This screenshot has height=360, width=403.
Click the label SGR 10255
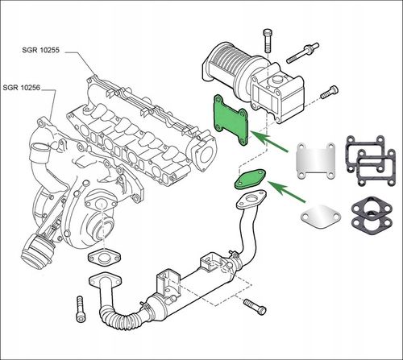pyautogui.click(x=40, y=50)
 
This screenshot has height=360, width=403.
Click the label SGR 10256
pyautogui.click(x=21, y=88)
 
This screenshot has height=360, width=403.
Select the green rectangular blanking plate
pyautogui.click(x=231, y=120)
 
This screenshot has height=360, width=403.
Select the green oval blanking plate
pyautogui.click(x=251, y=180)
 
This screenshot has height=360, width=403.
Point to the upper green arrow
pyautogui.click(x=270, y=142)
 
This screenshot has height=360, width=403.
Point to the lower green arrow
pyautogui.click(x=287, y=192)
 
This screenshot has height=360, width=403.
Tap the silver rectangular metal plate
pyautogui.click(x=316, y=161)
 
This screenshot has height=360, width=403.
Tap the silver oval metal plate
pyautogui.click(x=321, y=217)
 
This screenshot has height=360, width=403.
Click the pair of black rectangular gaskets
pyautogui.click(x=371, y=160)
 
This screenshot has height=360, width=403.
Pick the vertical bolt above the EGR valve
pyautogui.click(x=268, y=40)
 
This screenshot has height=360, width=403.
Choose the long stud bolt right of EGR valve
pyautogui.click(x=302, y=53)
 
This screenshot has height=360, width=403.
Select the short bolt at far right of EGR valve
pyautogui.click(x=329, y=93)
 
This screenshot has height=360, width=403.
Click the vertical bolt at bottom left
pyautogui.click(x=81, y=308)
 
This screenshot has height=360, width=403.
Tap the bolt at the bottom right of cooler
pyautogui.click(x=255, y=307)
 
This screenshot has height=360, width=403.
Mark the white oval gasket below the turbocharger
pyautogui.click(x=104, y=259)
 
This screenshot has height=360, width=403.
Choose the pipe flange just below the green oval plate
pyautogui.click(x=251, y=200)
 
